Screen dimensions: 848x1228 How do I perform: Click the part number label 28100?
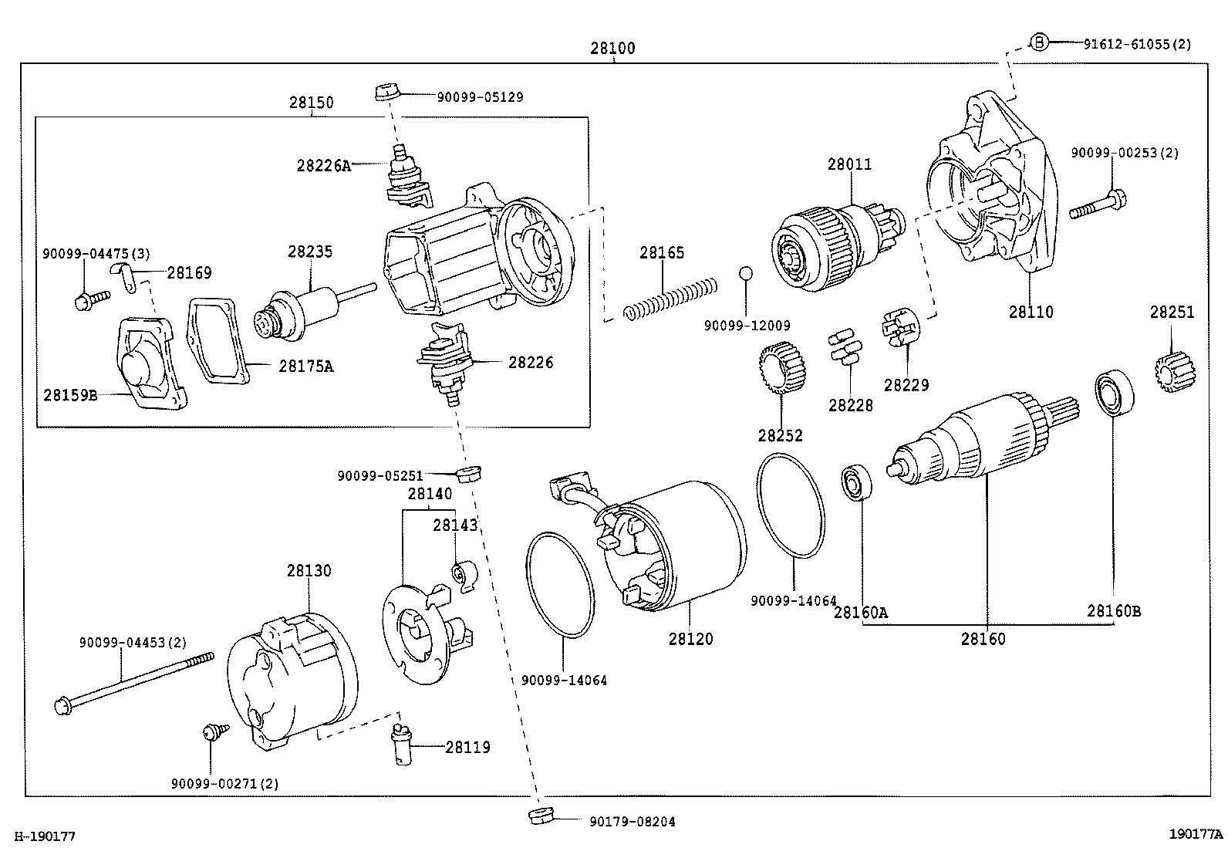click(x=612, y=48)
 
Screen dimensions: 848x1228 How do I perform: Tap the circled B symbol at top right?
click(x=1039, y=42)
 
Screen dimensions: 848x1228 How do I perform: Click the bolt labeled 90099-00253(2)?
click(x=1098, y=204)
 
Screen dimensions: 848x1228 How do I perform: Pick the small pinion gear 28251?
click(x=1175, y=372)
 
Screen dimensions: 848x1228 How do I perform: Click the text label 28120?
click(x=690, y=639)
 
